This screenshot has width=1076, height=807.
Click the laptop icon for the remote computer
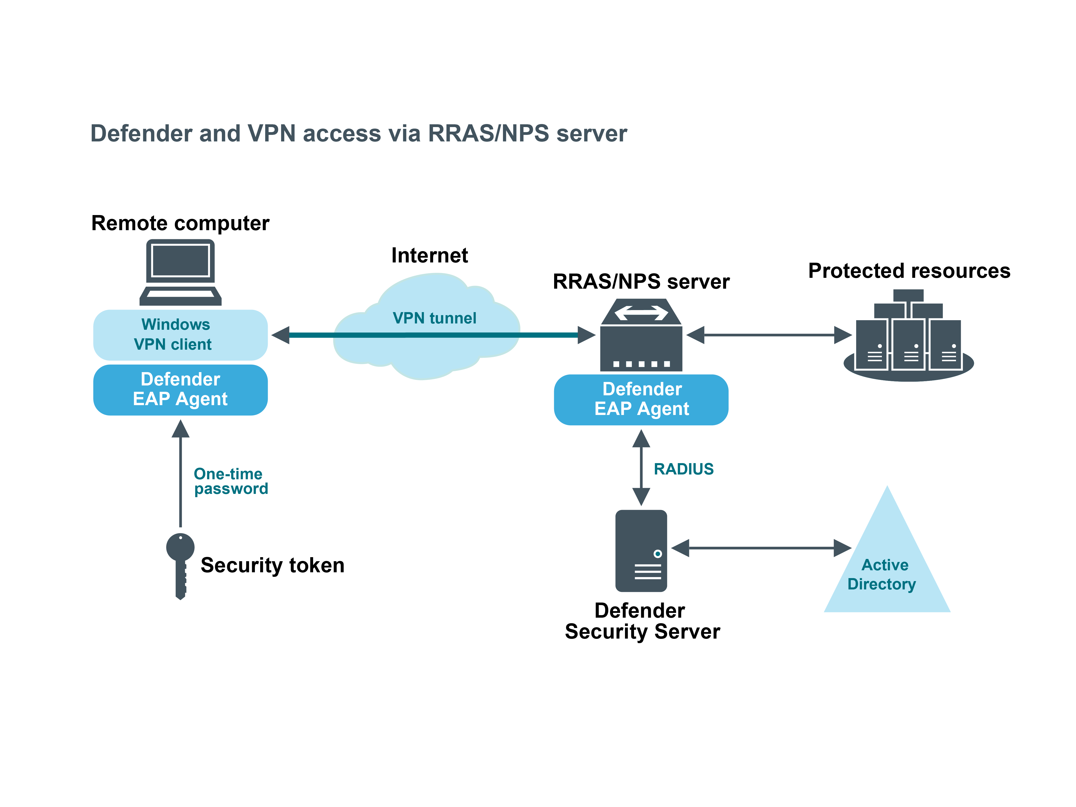(181, 273)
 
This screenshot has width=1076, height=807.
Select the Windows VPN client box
(181, 335)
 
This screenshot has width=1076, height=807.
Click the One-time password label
(231, 481)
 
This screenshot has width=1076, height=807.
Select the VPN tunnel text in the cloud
(434, 318)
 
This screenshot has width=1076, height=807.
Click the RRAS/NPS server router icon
(641, 336)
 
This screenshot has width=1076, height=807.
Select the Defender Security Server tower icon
(641, 551)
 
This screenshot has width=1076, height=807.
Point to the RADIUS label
(683, 469)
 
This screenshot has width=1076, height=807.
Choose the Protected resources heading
(909, 271)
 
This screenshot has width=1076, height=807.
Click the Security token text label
(273, 565)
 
